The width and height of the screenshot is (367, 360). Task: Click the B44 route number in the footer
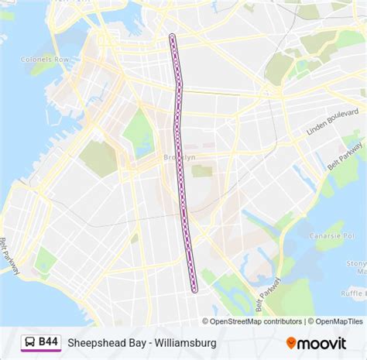coord(48,341)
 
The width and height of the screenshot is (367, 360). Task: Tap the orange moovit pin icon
coord(292,341)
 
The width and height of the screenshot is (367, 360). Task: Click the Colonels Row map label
coord(46,59)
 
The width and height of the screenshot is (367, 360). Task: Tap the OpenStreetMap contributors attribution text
coord(253,321)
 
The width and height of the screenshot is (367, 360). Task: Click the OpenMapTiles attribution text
coord(337,321)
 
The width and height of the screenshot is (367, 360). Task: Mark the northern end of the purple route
coord(172,36)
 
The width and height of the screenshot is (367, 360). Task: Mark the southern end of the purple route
coord(194,290)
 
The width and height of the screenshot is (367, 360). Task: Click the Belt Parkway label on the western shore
coord(10,255)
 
